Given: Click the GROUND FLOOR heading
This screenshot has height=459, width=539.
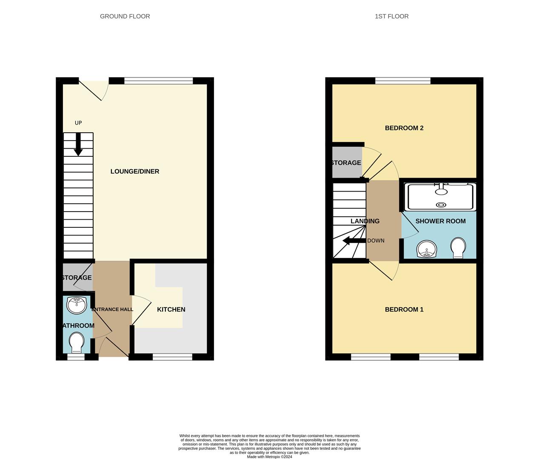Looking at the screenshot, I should click(x=125, y=17).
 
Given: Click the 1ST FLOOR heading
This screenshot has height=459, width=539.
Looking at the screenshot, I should click(x=391, y=17).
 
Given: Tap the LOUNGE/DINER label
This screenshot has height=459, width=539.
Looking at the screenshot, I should click(x=134, y=171).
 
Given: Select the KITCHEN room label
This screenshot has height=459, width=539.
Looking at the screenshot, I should click(x=171, y=309).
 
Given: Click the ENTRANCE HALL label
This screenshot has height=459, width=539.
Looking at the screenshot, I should click(x=112, y=309).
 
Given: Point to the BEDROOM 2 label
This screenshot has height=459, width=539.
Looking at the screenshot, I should click(x=404, y=128).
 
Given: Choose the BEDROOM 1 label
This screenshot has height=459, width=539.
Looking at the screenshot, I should click(x=404, y=309).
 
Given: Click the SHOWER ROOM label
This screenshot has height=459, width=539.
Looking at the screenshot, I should click(x=440, y=221).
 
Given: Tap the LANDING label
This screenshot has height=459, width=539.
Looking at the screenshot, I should click(x=365, y=221).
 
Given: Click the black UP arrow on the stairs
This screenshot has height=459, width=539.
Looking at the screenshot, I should click(x=78, y=145).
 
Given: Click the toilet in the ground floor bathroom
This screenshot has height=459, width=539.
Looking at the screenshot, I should click(x=77, y=342).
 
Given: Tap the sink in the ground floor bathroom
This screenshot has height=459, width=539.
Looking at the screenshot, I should click(x=77, y=305).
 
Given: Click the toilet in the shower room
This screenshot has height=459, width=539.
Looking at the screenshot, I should click(x=458, y=248).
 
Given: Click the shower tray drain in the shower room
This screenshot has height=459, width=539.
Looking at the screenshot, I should click(x=441, y=205).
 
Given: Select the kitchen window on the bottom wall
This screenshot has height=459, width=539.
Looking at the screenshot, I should click(x=172, y=357).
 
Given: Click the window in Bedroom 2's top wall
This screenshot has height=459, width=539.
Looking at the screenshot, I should click(x=402, y=81).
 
